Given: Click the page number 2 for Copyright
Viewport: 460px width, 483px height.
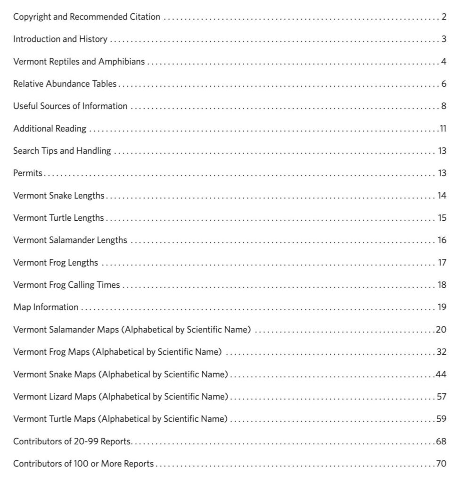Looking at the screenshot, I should (444, 17).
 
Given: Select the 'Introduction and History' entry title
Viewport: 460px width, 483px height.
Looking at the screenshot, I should (60, 39).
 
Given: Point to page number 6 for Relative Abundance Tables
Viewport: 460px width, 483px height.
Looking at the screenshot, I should (444, 84).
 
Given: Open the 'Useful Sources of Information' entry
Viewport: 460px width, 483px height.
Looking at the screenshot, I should (70, 106).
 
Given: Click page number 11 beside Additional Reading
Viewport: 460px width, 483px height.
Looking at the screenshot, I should (443, 128).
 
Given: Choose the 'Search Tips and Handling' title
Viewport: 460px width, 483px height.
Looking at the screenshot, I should (62, 151).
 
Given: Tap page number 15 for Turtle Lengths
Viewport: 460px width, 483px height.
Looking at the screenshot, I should (442, 218).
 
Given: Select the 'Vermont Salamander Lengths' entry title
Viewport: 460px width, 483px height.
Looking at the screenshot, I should (70, 240).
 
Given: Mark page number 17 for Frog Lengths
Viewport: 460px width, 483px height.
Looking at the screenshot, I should (442, 262).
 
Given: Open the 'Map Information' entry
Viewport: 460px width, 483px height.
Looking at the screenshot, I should (46, 307).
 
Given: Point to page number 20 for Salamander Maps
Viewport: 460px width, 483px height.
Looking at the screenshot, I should (441, 329).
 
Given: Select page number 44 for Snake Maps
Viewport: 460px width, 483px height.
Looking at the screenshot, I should (441, 374).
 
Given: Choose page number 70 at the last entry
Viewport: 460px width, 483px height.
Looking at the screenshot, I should (441, 464).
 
